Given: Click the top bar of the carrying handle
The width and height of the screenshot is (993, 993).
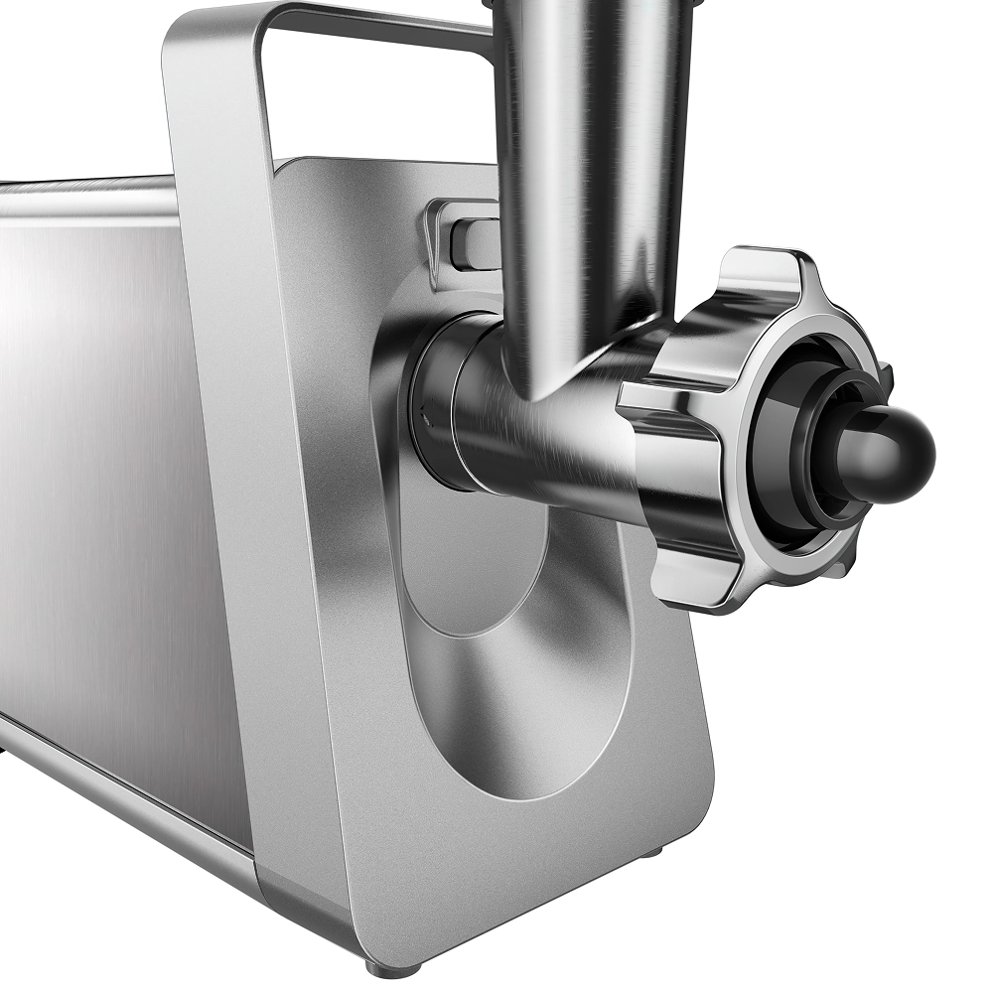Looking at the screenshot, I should pos(377,25).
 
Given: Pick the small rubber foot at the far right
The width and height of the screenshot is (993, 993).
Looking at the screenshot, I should pos(650,852).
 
